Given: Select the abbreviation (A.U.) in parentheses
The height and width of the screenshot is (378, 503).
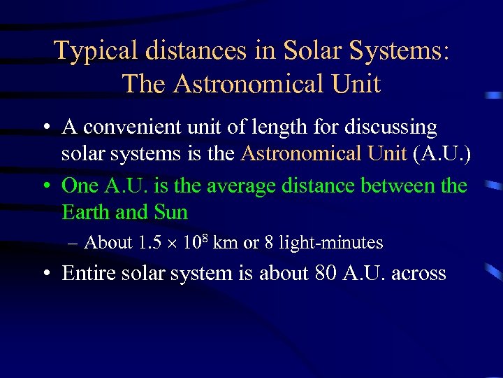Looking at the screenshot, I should (442, 153).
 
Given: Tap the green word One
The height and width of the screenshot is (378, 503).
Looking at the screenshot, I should (81, 186).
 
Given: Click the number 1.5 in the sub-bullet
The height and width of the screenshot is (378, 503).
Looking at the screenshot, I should (151, 243).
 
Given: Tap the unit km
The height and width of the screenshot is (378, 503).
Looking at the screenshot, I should (225, 243).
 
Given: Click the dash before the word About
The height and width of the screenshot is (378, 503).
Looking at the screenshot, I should (74, 243).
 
